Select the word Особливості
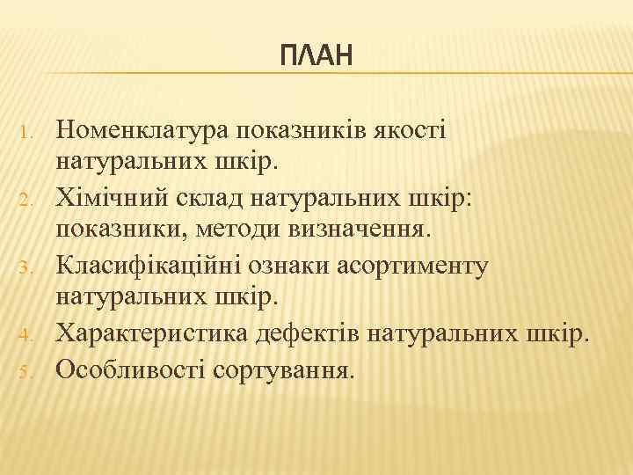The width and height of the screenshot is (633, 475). coord(130,368)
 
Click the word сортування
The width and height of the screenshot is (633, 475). coord(283,368)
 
